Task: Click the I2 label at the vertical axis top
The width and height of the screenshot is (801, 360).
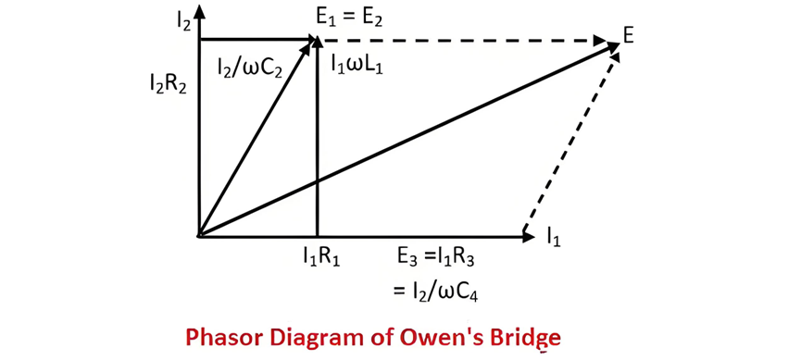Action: pos(182,23)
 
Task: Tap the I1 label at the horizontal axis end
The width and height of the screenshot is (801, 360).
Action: pos(554,237)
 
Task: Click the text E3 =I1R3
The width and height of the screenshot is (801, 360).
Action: pos(436,257)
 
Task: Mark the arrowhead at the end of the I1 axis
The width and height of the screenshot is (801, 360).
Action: pos(527,236)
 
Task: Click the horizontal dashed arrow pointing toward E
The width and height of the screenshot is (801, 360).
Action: pos(461,39)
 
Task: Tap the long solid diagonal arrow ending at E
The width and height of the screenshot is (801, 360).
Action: pos(408,141)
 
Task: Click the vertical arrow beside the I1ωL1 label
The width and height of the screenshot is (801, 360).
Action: pos(318,137)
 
